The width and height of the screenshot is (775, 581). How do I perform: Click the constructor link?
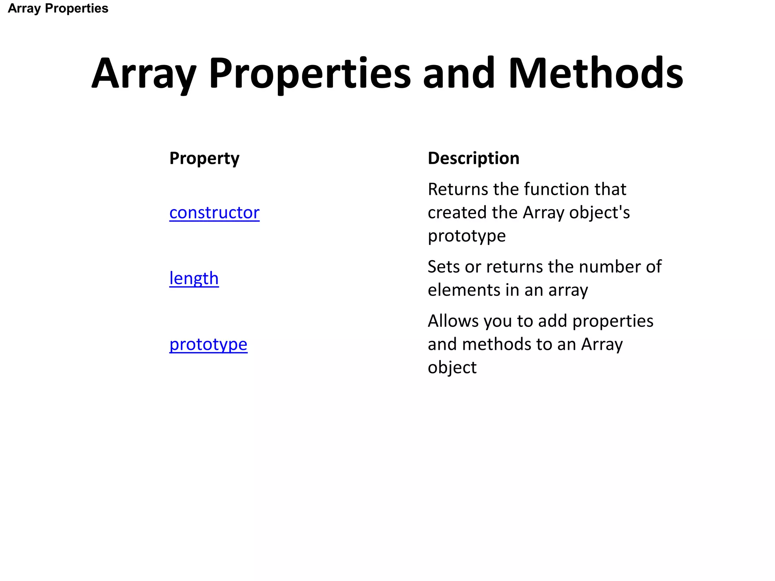[x=214, y=213]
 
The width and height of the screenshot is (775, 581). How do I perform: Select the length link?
[x=194, y=278]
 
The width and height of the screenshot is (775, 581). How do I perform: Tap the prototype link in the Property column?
[x=208, y=344]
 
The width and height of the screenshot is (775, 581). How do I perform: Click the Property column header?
[x=204, y=158]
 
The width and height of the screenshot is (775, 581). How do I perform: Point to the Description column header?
[x=473, y=158]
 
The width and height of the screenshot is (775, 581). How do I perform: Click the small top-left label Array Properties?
[x=58, y=8]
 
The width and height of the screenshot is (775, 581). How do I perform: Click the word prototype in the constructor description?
[x=467, y=236]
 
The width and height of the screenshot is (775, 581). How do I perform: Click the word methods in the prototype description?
[x=496, y=344]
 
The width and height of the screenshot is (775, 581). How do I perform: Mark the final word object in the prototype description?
[x=452, y=368]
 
